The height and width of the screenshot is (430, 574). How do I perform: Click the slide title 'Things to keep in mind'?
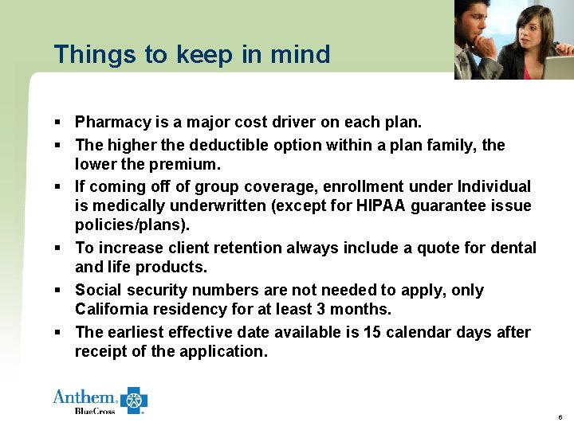point(191,54)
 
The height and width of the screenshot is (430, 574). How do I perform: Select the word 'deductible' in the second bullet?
point(234,146)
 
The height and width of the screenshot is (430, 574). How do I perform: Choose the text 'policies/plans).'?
point(132,225)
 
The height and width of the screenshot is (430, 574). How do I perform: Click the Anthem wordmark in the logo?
point(85,397)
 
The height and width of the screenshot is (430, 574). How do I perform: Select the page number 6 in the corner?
point(560,417)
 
